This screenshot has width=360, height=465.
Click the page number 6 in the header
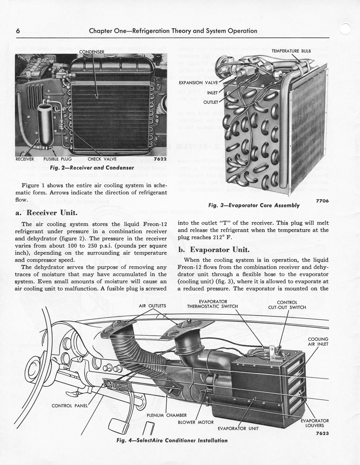point(18,31)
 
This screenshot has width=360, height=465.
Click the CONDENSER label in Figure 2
point(92,52)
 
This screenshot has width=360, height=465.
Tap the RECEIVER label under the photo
point(25,159)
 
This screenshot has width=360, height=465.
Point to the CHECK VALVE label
point(102,159)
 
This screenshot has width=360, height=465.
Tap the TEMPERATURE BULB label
point(291,51)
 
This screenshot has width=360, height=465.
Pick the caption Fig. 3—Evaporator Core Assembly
point(254,205)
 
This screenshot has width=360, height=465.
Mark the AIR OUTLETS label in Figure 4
point(153,305)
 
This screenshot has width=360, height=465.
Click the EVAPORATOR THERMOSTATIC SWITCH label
point(212,304)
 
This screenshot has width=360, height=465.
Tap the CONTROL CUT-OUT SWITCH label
point(287,304)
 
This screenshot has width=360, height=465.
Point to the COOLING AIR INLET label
point(318,341)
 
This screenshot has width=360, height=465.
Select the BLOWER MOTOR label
point(195,422)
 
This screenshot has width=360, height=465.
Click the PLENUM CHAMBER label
point(166,415)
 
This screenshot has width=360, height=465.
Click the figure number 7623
point(322,433)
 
